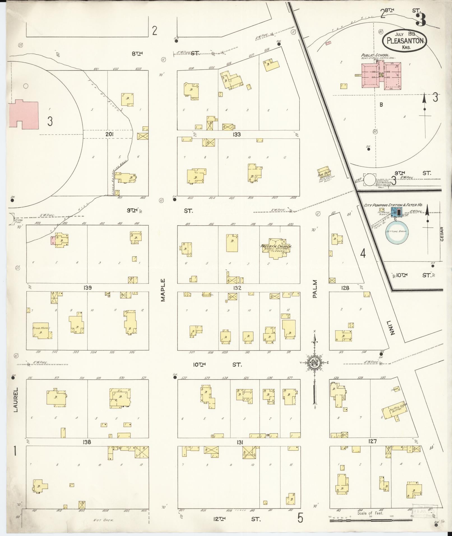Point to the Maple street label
(163, 290)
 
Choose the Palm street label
(315, 289)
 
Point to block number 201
(109, 134)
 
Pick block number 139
(87, 287)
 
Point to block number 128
(345, 288)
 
